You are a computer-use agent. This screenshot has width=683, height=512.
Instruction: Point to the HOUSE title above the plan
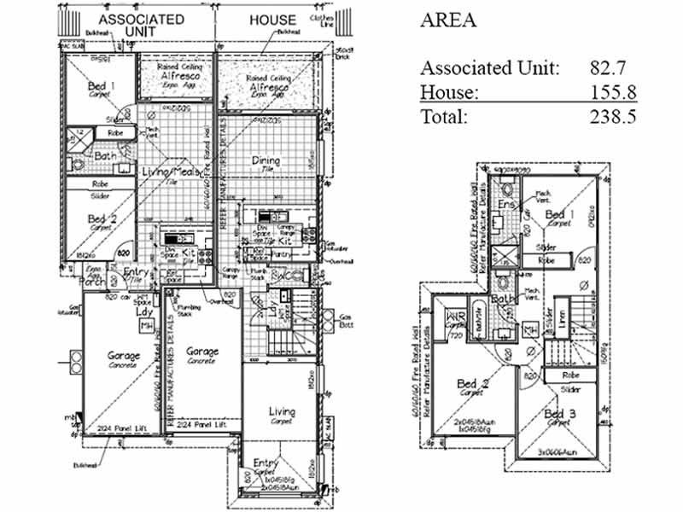click(x=271, y=20)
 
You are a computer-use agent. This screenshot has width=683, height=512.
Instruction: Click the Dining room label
click(x=266, y=160)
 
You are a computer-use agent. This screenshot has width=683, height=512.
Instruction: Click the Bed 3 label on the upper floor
click(x=559, y=416)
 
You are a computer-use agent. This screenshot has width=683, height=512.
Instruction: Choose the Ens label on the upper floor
click(x=505, y=205)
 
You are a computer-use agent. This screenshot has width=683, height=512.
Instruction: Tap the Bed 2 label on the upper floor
click(x=472, y=385)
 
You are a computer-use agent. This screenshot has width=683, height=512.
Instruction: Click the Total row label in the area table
click(x=443, y=117)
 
